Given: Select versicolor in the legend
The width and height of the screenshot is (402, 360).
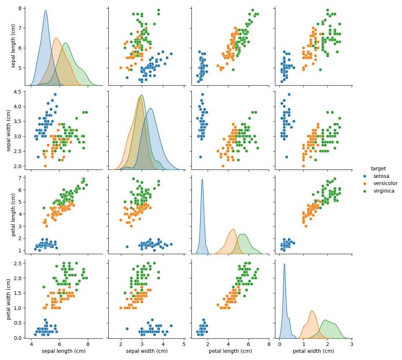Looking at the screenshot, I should coord(385,184).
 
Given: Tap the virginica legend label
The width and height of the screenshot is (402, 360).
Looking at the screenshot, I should coord(384,191).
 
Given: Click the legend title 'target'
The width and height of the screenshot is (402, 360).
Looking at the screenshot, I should coord(378,168).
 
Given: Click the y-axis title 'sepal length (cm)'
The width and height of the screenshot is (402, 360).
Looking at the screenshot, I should coord(13,46).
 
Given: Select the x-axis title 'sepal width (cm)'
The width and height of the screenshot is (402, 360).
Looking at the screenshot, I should coord(146,351).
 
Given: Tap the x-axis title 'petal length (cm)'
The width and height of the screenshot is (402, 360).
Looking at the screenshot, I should coord(230,351).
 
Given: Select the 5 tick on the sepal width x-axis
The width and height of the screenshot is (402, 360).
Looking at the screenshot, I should coord(184,344).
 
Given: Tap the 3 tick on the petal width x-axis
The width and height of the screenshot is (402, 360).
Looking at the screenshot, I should coord(352,344).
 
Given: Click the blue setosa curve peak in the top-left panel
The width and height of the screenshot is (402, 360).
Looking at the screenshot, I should coord(46,11).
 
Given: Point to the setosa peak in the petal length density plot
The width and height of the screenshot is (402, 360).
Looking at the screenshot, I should coord(202,179).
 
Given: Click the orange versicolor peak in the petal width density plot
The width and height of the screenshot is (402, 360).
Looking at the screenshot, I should coord(312,311).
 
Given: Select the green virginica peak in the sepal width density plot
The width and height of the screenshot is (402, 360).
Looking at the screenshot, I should coord(142,95).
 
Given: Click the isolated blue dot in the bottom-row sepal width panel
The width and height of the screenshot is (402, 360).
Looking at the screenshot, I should coord(127,329).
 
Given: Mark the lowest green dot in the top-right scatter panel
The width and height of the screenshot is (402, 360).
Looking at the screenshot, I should coord(320,69).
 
